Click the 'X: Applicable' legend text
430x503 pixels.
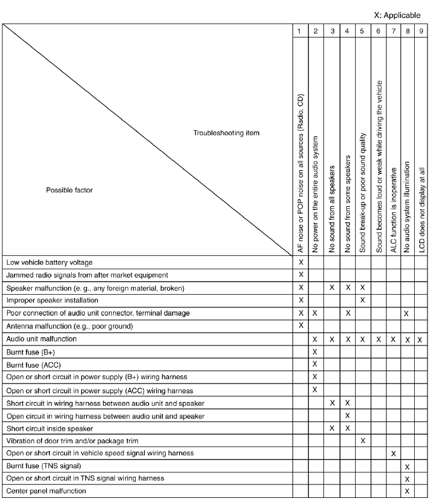point(397,13)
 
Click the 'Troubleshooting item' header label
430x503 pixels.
point(226,133)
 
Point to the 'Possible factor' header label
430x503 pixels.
point(69,190)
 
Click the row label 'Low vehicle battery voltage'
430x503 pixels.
point(49,262)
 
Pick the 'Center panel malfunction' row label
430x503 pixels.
point(46,491)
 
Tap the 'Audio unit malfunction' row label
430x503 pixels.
point(41,339)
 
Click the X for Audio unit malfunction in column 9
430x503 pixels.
point(421,340)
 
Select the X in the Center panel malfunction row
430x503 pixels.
point(407,491)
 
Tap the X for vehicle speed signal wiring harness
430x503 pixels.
point(393,453)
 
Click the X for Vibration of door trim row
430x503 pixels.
point(362,440)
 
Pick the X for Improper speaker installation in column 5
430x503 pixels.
point(362,300)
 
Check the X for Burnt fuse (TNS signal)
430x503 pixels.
point(407,466)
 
